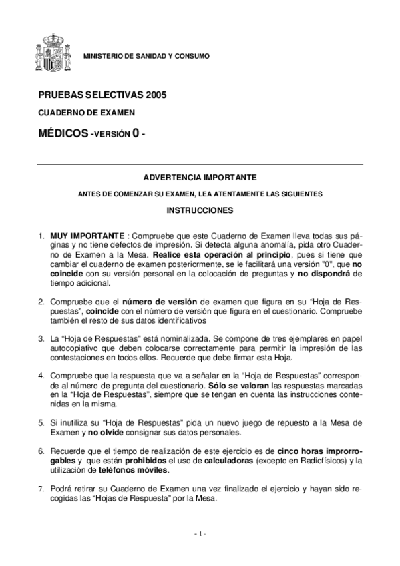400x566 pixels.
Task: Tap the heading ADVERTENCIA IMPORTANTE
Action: (200, 178)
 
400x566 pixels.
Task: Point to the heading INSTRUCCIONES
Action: (200, 210)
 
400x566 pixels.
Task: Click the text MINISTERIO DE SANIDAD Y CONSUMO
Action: (146, 56)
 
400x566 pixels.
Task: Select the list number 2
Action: (41, 302)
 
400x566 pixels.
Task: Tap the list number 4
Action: (41, 376)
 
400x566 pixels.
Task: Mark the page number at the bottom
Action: (200, 533)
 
